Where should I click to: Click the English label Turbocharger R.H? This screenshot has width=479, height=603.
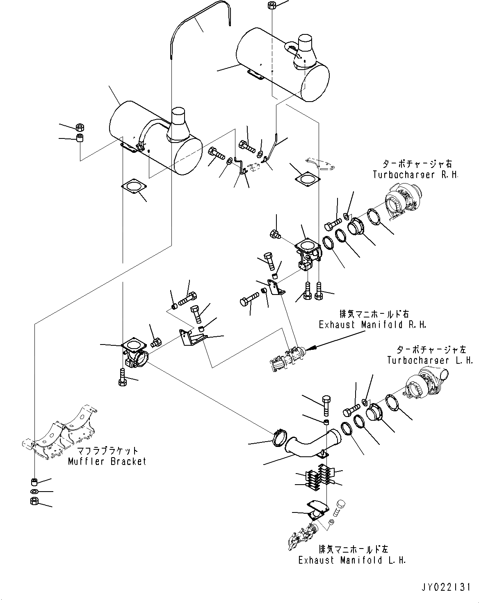[415, 175]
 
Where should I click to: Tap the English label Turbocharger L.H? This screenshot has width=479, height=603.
[430, 360]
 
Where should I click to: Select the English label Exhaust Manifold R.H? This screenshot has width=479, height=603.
[372, 325]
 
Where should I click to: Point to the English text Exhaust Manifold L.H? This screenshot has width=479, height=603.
[352, 560]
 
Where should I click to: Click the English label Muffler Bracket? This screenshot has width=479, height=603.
[107, 462]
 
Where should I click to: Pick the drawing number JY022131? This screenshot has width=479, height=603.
[445, 588]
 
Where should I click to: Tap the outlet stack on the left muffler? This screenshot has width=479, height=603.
[179, 123]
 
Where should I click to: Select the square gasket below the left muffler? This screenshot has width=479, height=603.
[133, 186]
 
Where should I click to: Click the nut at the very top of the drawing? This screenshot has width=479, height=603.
[271, 5]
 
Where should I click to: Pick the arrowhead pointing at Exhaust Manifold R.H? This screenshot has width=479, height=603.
[310, 348]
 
